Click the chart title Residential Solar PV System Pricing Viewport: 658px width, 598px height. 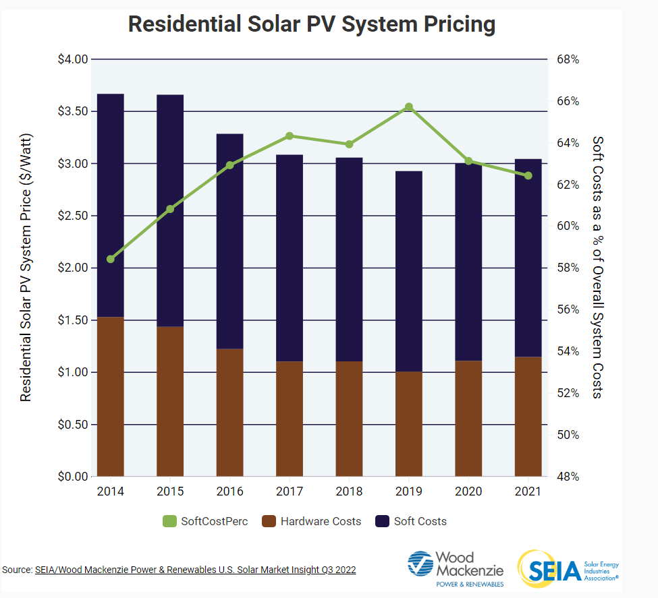312,24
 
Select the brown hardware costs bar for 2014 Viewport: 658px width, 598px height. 111,396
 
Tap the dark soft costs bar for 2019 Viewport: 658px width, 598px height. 409,271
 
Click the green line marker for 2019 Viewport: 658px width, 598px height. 409,107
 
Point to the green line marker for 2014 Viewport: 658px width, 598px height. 111,259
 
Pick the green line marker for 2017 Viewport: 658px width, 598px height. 290,136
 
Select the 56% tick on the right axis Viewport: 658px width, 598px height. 568,309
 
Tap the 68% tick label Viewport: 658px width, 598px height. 568,59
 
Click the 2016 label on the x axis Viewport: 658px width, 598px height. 230,491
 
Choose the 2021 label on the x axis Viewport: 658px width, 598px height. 528,491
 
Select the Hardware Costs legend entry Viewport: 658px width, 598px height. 312,521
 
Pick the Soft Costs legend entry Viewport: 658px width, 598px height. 412,521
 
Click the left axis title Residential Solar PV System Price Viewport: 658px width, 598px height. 26,268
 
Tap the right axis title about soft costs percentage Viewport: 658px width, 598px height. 597,267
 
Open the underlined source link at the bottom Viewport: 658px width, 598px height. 195,570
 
